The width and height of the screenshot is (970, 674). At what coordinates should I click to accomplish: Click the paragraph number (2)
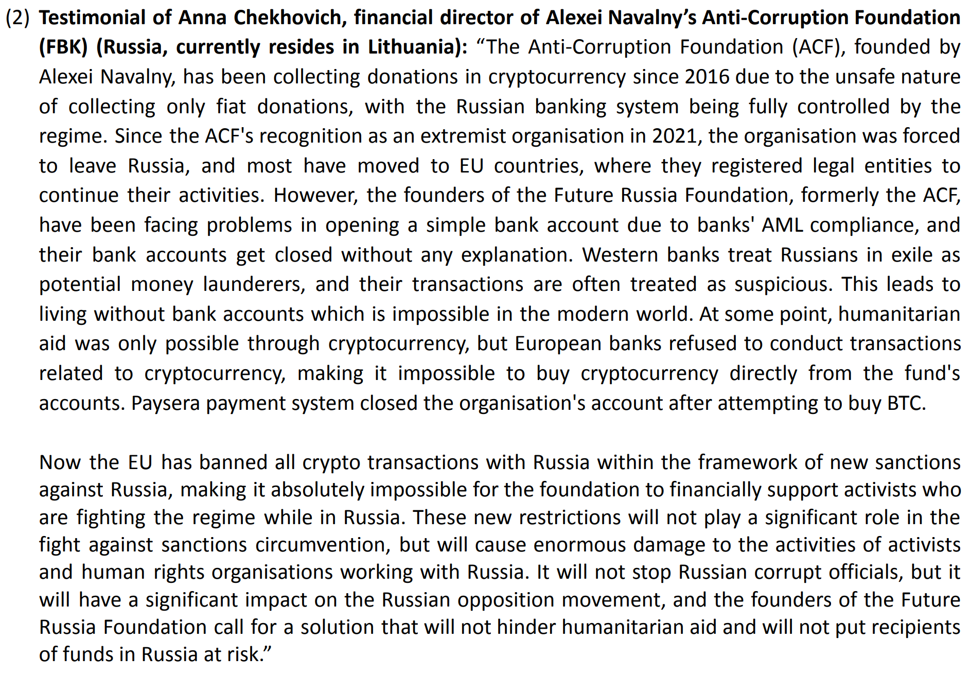coord(17,18)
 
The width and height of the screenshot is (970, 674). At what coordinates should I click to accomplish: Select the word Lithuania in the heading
coord(411,47)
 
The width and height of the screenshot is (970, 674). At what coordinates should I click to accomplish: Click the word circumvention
coord(322,545)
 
